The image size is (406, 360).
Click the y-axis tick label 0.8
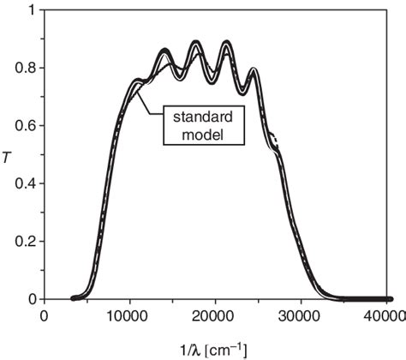pos(27,68)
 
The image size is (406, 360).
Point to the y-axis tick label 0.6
pos(27,125)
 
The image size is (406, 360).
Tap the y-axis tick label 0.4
pos(27,183)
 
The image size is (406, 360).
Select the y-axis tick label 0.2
pos(27,241)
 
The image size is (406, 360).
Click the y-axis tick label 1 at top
pos(33,10)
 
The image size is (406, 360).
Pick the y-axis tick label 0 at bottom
pos(33,299)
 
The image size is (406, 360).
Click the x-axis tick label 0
pos(44,315)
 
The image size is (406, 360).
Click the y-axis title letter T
pos(8,154)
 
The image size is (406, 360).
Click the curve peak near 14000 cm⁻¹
pos(165,51)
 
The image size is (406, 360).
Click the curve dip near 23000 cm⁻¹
pos(242,92)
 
